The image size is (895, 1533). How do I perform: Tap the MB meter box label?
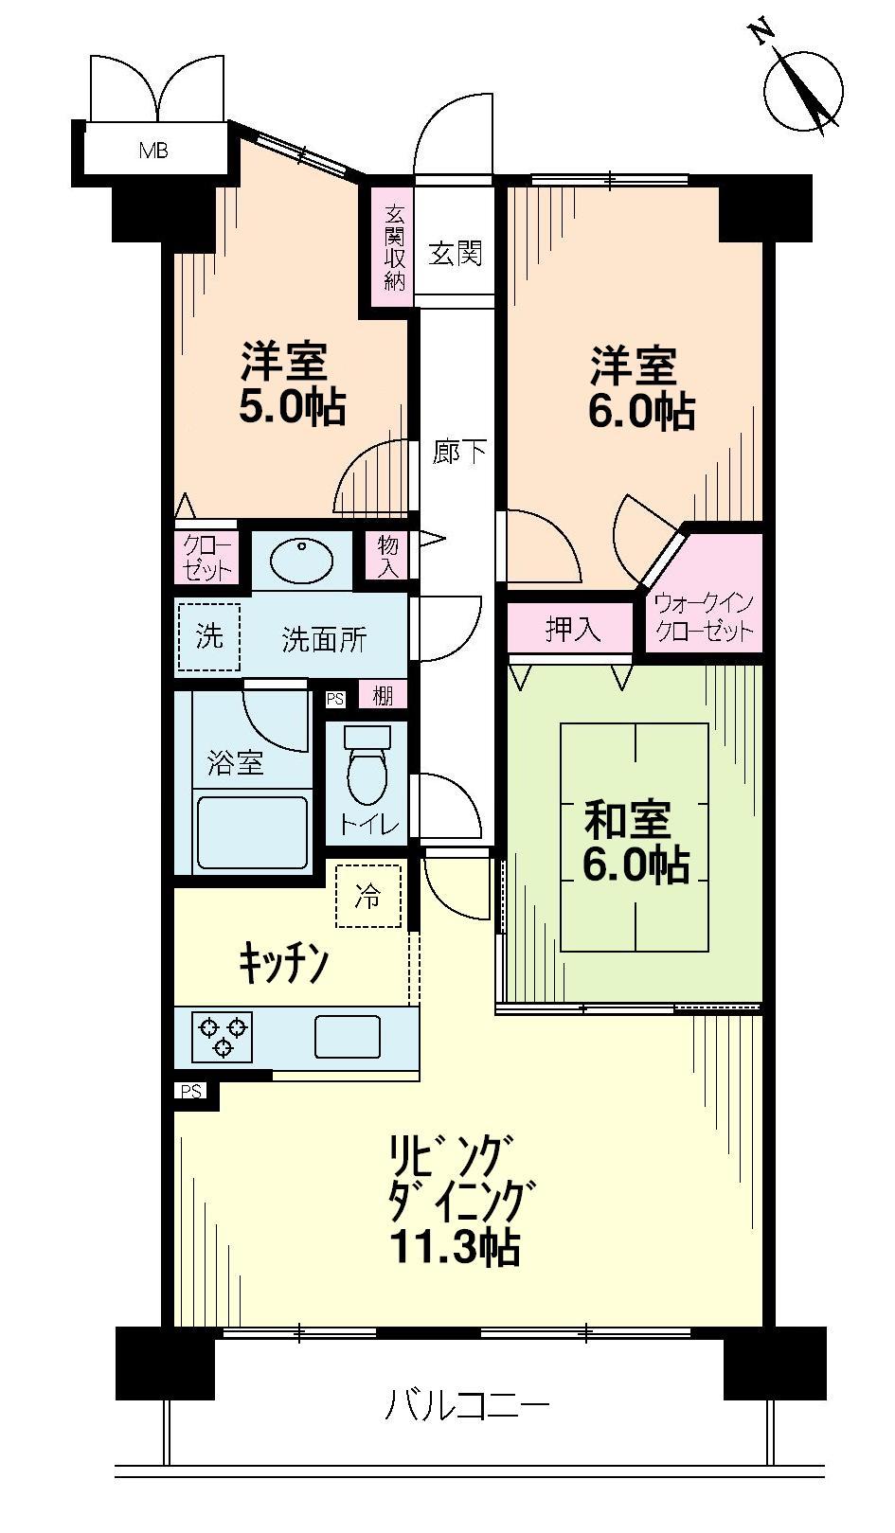pyautogui.click(x=153, y=150)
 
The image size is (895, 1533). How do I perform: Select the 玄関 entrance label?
pyautogui.click(x=456, y=253)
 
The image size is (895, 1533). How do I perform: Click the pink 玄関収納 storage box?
pyautogui.click(x=394, y=249)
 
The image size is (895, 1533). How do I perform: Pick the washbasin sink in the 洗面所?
pyautogui.click(x=301, y=560)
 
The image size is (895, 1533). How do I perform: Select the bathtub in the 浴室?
pyautogui.click(x=253, y=831)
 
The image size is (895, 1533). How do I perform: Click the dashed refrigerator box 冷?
pyautogui.click(x=368, y=896)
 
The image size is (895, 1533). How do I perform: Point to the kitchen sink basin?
pyautogui.click(x=348, y=1036)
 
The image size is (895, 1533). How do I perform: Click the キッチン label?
pyautogui.click(x=283, y=964)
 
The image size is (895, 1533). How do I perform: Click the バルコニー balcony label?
pyautogui.click(x=466, y=1405)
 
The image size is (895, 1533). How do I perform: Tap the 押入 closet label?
pyautogui.click(x=571, y=629)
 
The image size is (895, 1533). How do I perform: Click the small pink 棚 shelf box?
pyautogui.click(x=383, y=697)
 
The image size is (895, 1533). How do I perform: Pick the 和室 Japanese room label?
pyautogui.click(x=627, y=820)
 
